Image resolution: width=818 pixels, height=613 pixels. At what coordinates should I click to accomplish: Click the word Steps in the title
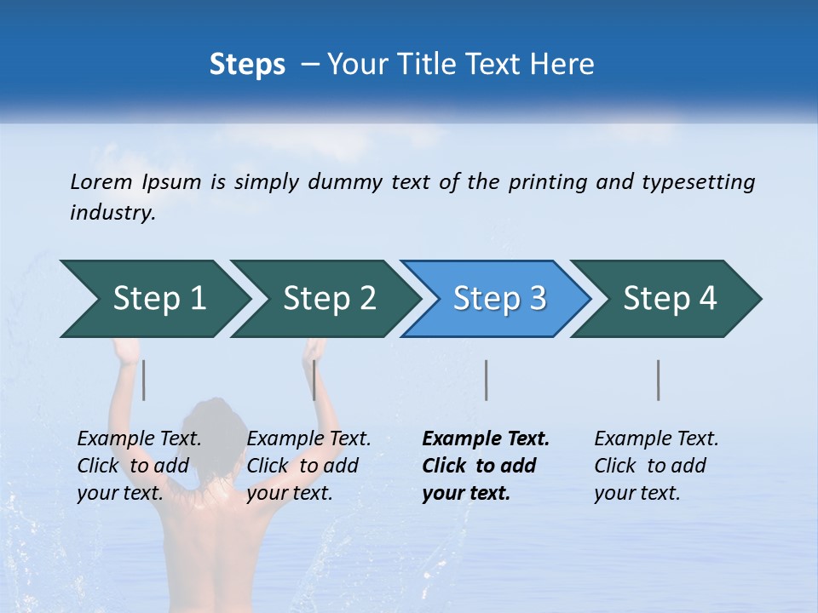coord(247,64)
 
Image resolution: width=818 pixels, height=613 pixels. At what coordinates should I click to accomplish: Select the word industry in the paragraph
coord(112,213)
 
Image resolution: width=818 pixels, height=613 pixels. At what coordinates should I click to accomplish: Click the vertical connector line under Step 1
coord(144,380)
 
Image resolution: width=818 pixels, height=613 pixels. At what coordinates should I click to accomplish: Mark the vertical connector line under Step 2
coord(314,380)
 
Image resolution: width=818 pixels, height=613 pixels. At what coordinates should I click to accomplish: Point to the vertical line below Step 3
coord(486,380)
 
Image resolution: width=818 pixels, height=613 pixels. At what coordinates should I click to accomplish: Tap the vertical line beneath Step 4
coord(659,380)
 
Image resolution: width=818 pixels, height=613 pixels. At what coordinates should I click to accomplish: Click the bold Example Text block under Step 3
coord(486,466)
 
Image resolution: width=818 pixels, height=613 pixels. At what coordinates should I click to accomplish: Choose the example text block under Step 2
coord(308,466)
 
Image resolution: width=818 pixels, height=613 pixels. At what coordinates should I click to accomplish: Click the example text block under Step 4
coord(656,466)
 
